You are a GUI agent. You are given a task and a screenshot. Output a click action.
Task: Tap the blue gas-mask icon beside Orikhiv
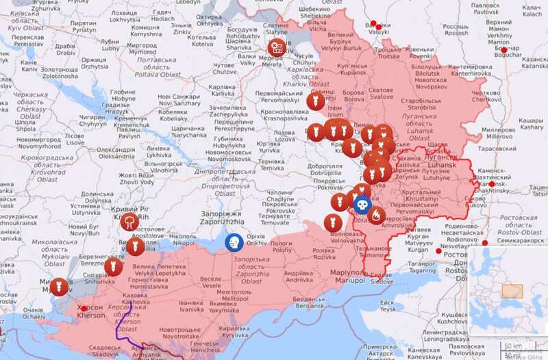234,242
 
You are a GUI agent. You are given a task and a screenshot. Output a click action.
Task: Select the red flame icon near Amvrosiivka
376,216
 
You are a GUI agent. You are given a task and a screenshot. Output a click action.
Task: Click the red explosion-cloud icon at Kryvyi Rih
127,220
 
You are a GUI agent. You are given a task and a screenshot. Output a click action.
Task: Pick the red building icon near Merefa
275,48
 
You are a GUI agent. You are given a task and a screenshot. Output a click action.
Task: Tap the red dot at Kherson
84,309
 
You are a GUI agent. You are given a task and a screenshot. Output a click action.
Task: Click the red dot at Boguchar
505,50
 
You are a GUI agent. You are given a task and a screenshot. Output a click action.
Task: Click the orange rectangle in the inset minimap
510,290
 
